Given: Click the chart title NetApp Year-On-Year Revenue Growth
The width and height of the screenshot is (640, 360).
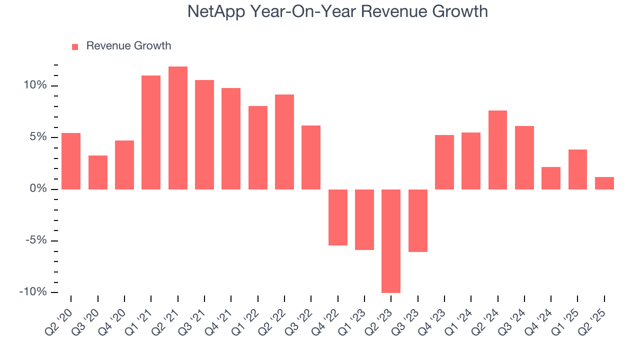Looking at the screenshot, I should pos(337,11).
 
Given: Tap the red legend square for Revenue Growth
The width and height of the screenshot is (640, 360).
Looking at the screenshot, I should pos(75,46).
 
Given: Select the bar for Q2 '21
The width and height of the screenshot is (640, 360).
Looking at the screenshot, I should pos(177,127).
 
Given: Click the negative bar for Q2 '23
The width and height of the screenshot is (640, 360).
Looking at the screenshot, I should pos(391,240).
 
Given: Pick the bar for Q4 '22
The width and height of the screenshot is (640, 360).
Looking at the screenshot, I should pos(337,217).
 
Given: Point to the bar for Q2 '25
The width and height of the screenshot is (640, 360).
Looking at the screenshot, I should pos(604,183).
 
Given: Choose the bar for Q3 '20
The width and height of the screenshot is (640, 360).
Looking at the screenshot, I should pos(97,172).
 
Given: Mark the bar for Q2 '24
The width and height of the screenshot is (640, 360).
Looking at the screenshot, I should pos(497,149).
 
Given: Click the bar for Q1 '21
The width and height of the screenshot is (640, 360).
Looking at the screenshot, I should pos(151,132).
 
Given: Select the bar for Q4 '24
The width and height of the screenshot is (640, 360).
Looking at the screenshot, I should pos(550,178).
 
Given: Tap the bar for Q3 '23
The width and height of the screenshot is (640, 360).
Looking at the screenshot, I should pos(417,220).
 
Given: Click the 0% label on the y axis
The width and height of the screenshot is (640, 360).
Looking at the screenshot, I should pos(38,189).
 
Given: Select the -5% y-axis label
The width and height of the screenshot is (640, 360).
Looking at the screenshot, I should pos(36,240).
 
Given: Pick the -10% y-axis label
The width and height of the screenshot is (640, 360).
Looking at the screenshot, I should pos(33,292).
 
